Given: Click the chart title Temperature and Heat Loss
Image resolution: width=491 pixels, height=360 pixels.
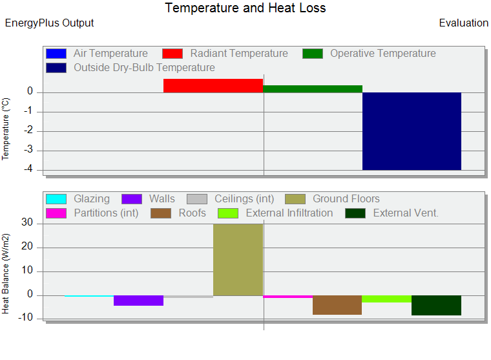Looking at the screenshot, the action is [245, 8].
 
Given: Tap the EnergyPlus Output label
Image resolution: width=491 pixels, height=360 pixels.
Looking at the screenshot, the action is [50, 23].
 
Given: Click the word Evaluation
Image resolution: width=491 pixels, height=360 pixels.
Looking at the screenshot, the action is [463, 23].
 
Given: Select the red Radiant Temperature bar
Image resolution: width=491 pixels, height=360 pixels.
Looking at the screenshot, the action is [213, 85].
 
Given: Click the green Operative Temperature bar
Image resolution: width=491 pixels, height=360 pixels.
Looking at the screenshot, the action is [313, 89].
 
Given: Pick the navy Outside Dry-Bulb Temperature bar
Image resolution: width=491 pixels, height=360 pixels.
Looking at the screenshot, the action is [412, 131].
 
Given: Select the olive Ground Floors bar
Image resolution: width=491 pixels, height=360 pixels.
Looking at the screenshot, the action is [238, 260].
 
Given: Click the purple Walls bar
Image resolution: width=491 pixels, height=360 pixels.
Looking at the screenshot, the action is [138, 301].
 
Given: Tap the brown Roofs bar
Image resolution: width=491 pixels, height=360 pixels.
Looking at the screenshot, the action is [337, 305].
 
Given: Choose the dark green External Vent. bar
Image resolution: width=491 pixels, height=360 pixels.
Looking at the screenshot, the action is [436, 305].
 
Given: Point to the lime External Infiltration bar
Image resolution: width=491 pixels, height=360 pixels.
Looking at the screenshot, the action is [387, 299].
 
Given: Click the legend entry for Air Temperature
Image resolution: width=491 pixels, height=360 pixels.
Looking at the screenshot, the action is [97, 54].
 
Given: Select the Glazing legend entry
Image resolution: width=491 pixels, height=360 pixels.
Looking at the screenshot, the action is [78, 199].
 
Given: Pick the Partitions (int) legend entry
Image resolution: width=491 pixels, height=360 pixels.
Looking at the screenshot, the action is [92, 213].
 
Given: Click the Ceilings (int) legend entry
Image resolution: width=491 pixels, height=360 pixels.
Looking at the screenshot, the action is [231, 199].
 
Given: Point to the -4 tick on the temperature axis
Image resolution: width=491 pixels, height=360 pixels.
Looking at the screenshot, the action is [28, 169].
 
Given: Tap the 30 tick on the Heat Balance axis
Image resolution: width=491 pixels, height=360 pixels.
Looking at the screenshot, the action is [27, 222].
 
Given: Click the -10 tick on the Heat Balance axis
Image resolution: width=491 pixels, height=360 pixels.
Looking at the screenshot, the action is [25, 317].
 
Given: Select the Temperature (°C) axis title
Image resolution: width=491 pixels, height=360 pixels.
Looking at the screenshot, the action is [6, 129].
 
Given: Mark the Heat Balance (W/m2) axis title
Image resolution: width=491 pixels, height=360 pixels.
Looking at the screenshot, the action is [6, 273].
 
